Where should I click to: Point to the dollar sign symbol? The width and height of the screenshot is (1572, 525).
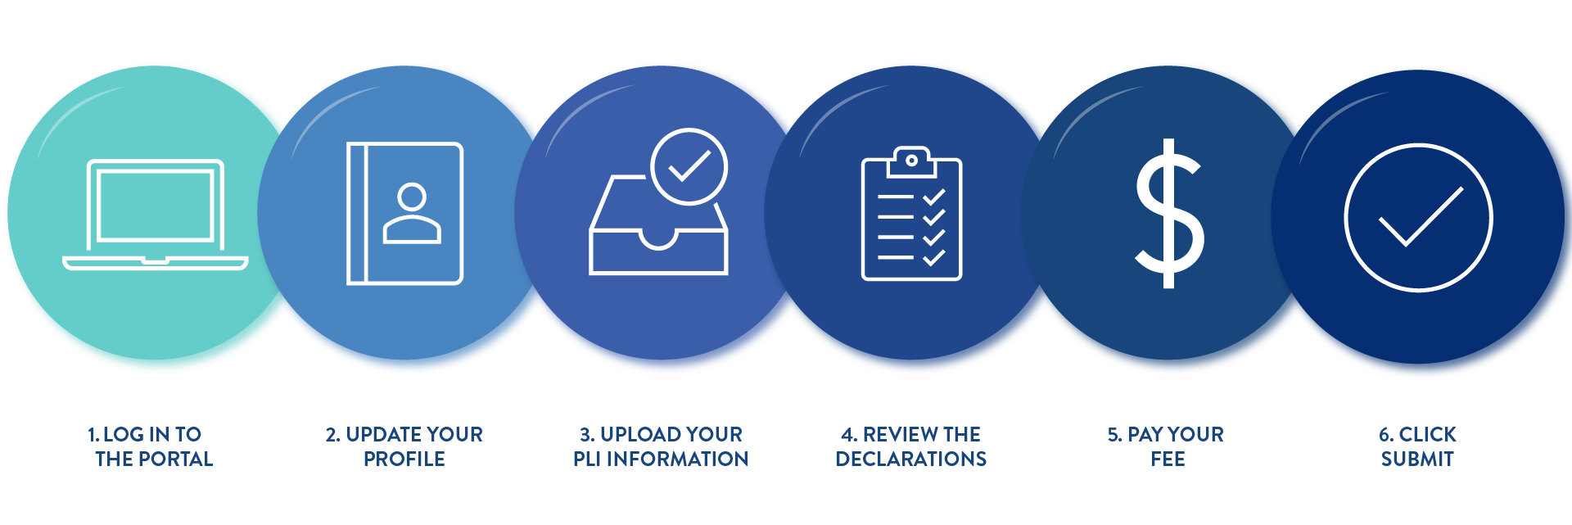point(1169,214)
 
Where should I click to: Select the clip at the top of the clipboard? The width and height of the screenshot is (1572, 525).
point(911,161)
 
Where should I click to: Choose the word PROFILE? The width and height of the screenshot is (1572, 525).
point(404,459)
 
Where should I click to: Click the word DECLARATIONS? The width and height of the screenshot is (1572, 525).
point(911,459)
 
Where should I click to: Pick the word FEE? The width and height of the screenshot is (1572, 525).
point(1168,459)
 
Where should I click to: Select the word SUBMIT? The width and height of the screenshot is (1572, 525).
point(1417,459)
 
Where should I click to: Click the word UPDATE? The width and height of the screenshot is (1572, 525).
point(384,435)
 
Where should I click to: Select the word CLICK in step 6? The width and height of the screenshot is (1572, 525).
point(1428,435)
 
